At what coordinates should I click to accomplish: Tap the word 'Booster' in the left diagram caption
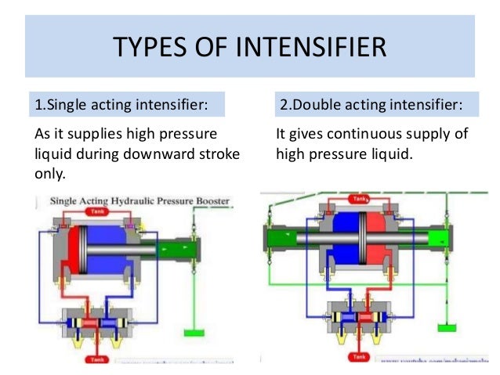click(x=212, y=201)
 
